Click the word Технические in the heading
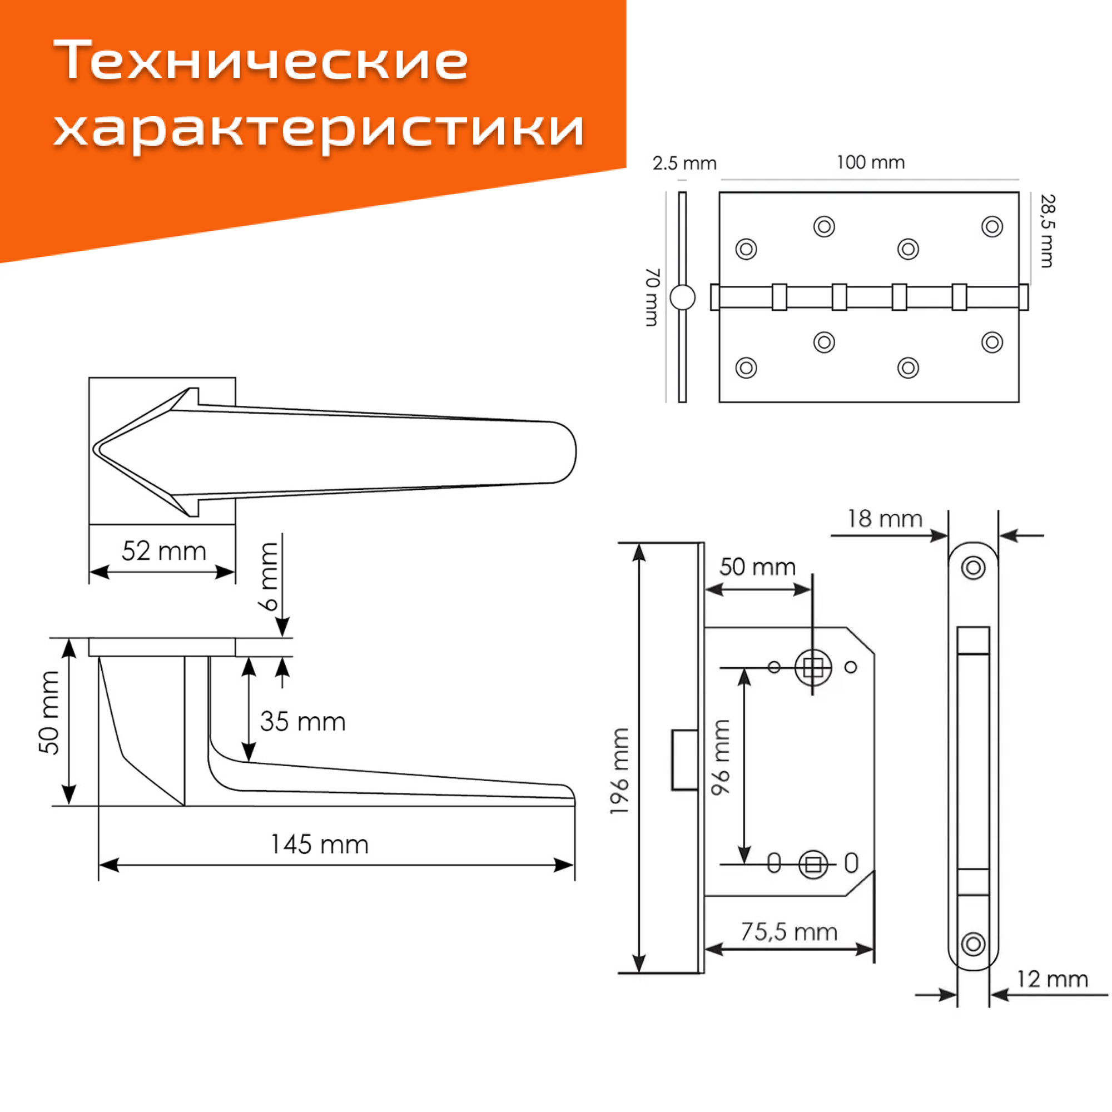click(x=262, y=61)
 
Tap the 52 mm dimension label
click(x=164, y=552)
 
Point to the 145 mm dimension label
click(x=320, y=845)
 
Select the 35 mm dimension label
click(x=302, y=721)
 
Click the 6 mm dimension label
click(x=269, y=575)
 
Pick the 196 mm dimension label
click(x=620, y=771)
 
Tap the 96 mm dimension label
click(x=721, y=757)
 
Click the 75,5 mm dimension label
click(x=788, y=932)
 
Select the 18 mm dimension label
click(x=885, y=519)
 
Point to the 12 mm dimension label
click(x=1052, y=979)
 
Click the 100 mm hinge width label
click(x=870, y=162)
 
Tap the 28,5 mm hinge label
click(x=1048, y=231)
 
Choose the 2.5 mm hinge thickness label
click(x=684, y=163)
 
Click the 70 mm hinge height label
click(x=652, y=297)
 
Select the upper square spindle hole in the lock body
click(x=813, y=668)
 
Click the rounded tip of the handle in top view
click(x=567, y=452)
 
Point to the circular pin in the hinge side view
click(x=683, y=297)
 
